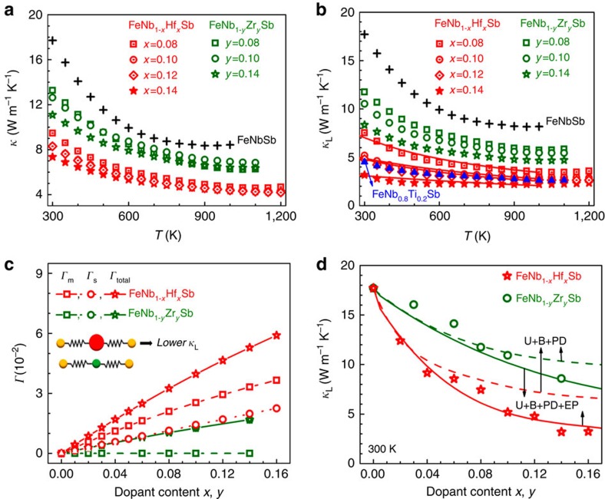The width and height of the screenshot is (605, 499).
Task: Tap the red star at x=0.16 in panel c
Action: pos(276,335)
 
